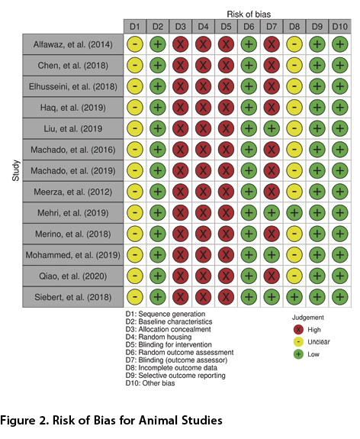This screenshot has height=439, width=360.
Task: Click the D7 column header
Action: pyautogui.click(x=272, y=27)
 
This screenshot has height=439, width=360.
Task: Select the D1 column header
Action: pyautogui.click(x=135, y=27)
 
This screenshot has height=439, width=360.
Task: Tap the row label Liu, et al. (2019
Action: pyautogui.click(x=73, y=129)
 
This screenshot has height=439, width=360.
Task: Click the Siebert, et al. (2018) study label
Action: pyautogui.click(x=73, y=297)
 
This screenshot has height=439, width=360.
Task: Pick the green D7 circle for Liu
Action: pyautogui.click(x=272, y=128)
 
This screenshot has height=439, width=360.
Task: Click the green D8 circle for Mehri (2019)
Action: pyautogui.click(x=294, y=213)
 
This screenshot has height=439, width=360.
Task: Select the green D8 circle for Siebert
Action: pyautogui.click(x=294, y=297)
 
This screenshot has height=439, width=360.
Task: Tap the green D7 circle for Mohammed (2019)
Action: pyautogui.click(x=272, y=255)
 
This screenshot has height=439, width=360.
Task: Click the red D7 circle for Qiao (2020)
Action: pyautogui.click(x=272, y=276)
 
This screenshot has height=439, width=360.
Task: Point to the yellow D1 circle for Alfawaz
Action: pyautogui.click(x=135, y=44)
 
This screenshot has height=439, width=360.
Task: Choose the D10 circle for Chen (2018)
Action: pyautogui.click(x=340, y=65)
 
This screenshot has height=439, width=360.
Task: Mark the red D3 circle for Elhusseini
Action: pyautogui.click(x=181, y=86)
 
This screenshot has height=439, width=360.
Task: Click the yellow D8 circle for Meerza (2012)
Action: pyautogui.click(x=294, y=192)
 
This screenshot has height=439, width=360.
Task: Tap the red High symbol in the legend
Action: pyautogui.click(x=298, y=330)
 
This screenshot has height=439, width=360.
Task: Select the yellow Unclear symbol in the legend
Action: pyautogui.click(x=298, y=342)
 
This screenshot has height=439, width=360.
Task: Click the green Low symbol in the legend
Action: pyautogui.click(x=298, y=354)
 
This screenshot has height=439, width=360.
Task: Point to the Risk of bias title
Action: pyautogui.click(x=249, y=14)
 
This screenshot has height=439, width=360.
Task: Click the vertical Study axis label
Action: pyautogui.click(x=16, y=170)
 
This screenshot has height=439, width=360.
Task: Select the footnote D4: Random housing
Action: pyautogui.click(x=159, y=337)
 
